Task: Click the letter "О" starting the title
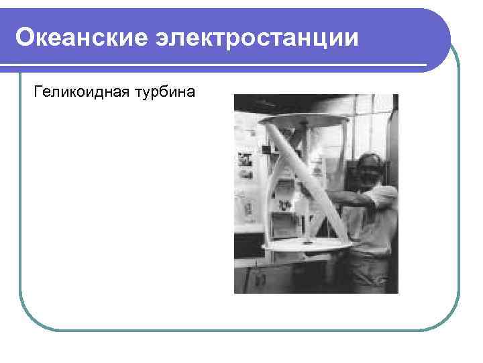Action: pyautogui.click(x=25, y=38)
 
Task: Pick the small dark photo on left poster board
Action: pyautogui.click(x=244, y=161)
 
